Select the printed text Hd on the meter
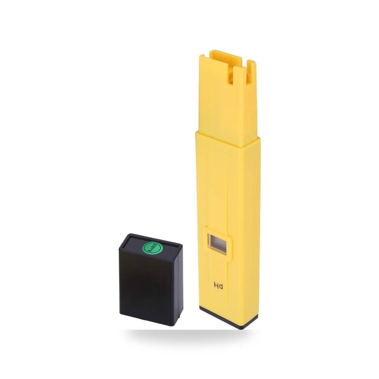[218, 286]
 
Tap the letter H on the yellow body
[216, 286]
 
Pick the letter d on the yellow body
[221, 287]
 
